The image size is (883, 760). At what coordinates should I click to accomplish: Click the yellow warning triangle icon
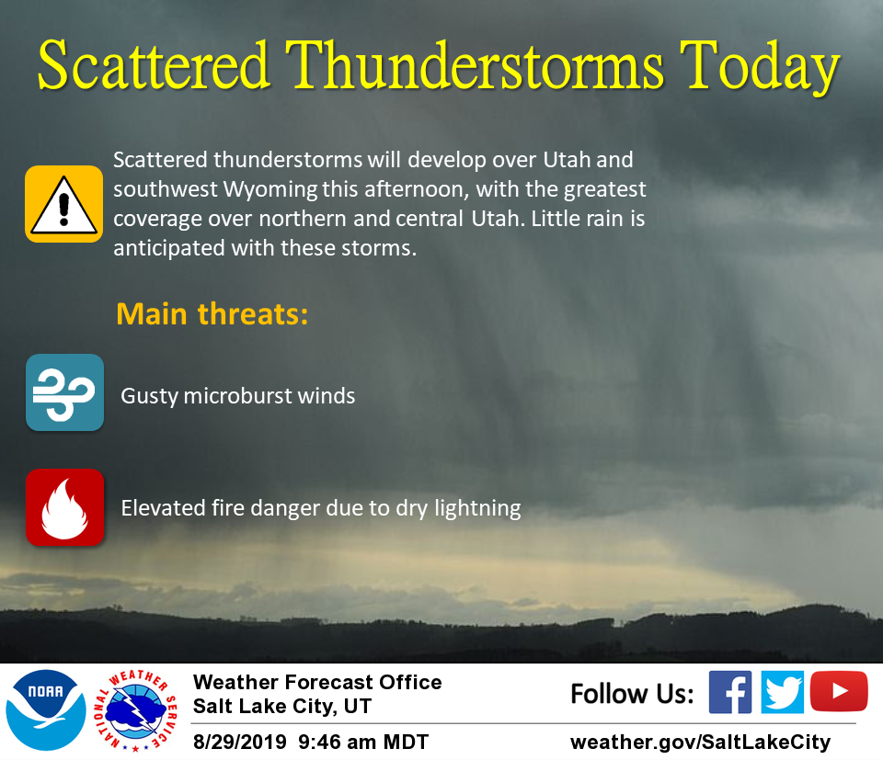pyautogui.click(x=63, y=204)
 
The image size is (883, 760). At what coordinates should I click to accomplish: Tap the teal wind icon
pyautogui.click(x=64, y=392)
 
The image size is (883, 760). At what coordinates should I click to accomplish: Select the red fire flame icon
pyautogui.click(x=64, y=507)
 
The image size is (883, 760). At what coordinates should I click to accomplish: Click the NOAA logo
pyautogui.click(x=46, y=710)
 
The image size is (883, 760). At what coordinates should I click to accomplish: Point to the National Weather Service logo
pyautogui.click(x=135, y=710)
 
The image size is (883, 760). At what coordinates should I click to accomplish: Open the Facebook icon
pyautogui.click(x=729, y=692)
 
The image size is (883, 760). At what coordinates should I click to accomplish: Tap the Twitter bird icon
pyautogui.click(x=782, y=692)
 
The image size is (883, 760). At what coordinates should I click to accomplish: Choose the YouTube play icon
pyautogui.click(x=839, y=691)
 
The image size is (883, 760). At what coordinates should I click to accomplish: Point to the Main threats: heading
pyautogui.click(x=212, y=313)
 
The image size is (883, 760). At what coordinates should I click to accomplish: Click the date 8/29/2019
pyautogui.click(x=240, y=742)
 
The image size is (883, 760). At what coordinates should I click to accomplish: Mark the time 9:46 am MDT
pyautogui.click(x=363, y=742)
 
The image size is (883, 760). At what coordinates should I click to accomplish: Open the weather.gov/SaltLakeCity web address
pyautogui.click(x=701, y=743)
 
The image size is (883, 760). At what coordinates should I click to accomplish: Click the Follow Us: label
pyautogui.click(x=632, y=694)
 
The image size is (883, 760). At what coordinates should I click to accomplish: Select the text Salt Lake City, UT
pyautogui.click(x=282, y=706)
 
